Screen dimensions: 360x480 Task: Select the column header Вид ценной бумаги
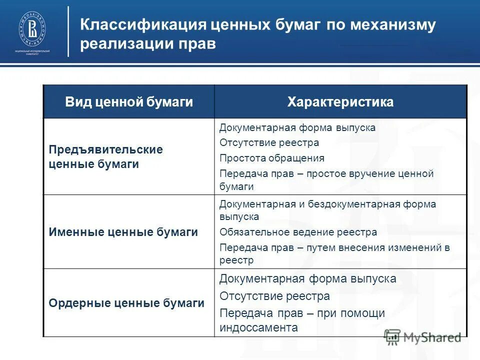click(x=129, y=102)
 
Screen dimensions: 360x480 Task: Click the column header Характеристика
click(x=340, y=102)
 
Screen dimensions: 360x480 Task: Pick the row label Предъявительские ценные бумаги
click(x=105, y=156)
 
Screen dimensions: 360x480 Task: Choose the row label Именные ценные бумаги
click(x=123, y=232)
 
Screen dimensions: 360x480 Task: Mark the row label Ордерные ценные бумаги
click(x=126, y=303)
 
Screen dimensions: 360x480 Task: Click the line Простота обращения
click(x=272, y=158)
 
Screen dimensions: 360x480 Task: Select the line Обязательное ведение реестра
click(x=298, y=232)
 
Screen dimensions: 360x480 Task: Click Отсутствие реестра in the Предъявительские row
click(x=269, y=142)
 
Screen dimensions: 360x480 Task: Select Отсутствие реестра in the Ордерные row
click(x=274, y=296)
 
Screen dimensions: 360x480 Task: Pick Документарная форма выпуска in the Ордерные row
click(x=307, y=278)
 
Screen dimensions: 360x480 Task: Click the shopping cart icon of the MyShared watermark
click(x=392, y=337)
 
